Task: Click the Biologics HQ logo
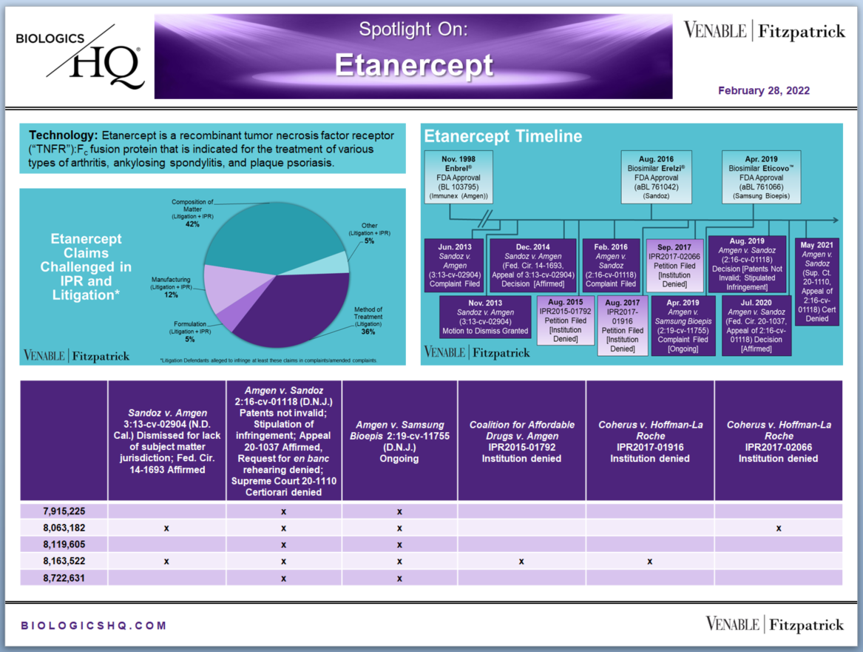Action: coord(81,57)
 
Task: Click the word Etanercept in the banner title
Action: coord(414,66)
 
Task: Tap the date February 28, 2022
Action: coord(763,91)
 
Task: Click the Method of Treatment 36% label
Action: coord(368,320)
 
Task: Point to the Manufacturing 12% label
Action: coord(171,287)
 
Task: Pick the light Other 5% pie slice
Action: coord(333,263)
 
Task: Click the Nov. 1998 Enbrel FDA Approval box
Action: coord(458,178)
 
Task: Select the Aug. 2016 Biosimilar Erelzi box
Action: coord(656,178)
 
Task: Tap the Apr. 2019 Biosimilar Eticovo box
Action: coord(761,178)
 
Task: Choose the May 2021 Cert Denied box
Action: coord(816,281)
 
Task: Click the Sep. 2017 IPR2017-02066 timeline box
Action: coord(674,266)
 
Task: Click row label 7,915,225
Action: coord(64,511)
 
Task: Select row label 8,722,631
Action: coord(64,578)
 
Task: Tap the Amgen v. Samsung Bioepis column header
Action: coord(399,441)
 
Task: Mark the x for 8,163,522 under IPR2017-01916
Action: coord(650,562)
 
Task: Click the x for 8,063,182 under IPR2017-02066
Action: coord(779,528)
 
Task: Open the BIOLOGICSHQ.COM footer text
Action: coord(94,625)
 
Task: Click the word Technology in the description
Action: coord(64,135)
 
